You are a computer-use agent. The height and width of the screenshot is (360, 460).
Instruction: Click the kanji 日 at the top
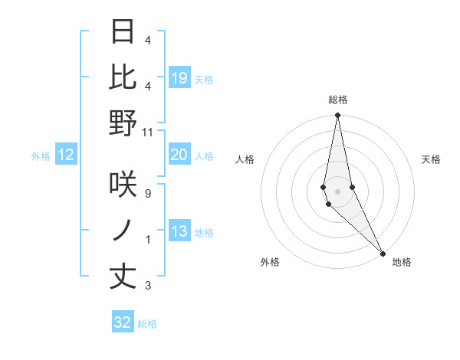click(123, 32)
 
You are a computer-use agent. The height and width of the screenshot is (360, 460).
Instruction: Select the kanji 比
click(123, 77)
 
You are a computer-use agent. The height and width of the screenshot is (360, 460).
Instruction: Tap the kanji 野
click(123, 123)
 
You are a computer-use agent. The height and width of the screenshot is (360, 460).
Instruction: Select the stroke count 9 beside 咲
click(148, 194)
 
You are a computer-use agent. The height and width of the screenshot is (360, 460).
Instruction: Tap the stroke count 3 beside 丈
click(148, 286)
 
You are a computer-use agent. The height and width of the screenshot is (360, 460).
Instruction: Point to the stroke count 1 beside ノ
click(148, 240)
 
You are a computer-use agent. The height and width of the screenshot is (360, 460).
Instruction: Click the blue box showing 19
click(179, 78)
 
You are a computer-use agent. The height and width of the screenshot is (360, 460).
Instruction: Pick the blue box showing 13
click(179, 231)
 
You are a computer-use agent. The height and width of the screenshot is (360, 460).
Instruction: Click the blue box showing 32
click(123, 322)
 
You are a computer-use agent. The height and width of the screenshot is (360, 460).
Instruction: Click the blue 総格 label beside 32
click(147, 324)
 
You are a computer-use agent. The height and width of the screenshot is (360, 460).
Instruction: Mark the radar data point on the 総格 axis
click(337, 116)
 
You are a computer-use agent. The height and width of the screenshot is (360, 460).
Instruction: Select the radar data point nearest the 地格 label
click(383, 253)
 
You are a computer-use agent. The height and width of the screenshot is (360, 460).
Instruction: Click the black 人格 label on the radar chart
click(245, 159)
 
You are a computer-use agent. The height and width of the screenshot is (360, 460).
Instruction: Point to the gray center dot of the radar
click(337, 191)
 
